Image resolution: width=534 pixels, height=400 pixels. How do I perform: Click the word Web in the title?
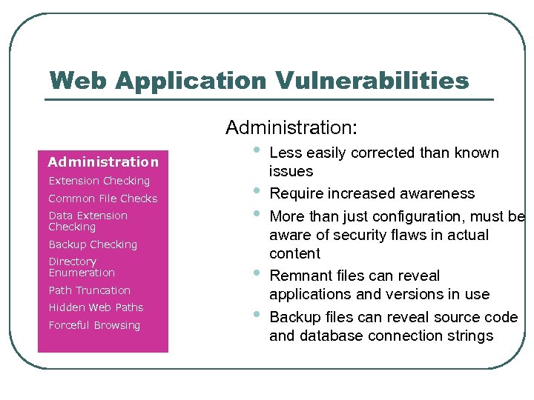(x=79, y=80)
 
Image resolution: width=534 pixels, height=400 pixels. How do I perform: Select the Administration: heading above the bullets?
(x=291, y=128)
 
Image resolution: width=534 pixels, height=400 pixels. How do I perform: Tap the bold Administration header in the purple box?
(x=103, y=161)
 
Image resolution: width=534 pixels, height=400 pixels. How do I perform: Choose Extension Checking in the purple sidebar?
(x=99, y=181)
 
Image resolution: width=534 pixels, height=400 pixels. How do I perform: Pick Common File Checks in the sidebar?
(x=103, y=199)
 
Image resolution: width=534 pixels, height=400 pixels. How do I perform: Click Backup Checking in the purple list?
(x=93, y=244)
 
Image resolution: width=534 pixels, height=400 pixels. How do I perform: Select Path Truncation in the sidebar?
(x=89, y=290)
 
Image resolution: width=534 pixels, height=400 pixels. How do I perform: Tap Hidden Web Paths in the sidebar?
(x=96, y=307)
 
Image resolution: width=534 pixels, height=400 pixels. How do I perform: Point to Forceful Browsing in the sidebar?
(x=94, y=325)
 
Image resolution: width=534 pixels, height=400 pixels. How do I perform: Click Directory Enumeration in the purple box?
(x=82, y=267)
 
